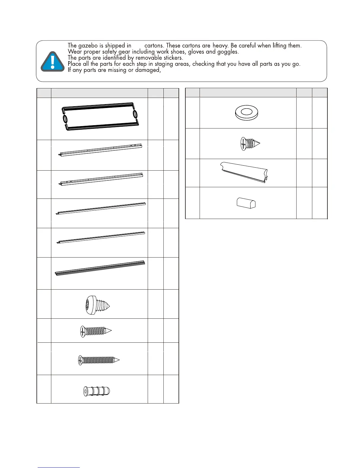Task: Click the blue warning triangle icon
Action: [x=52, y=62]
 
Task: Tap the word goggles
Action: [x=227, y=52]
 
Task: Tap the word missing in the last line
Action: [x=117, y=70]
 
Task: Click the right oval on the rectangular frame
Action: [x=135, y=114]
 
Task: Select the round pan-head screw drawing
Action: [x=97, y=305]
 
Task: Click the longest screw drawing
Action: [x=99, y=360]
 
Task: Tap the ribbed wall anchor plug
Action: [x=97, y=391]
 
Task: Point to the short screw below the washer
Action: [x=250, y=144]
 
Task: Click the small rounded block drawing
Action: [x=246, y=203]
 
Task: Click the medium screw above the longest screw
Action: [x=96, y=331]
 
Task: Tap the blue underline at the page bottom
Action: [x=59, y=467]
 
